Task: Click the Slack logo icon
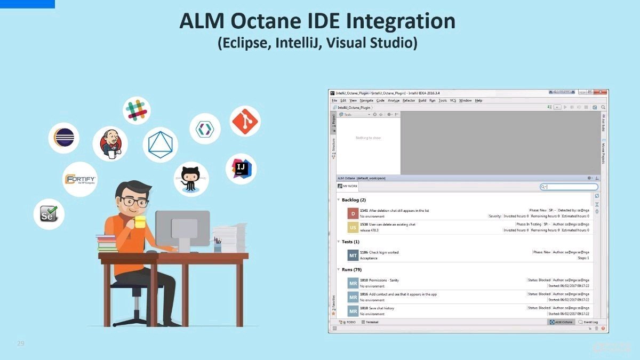click(137, 110)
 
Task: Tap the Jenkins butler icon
click(110, 143)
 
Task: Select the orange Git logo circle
click(245, 121)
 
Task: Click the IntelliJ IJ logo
click(241, 169)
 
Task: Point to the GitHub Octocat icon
click(191, 178)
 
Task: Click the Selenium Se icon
click(49, 214)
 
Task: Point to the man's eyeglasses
click(133, 202)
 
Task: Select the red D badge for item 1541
click(352, 213)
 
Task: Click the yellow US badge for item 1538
click(352, 228)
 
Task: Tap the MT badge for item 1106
click(353, 255)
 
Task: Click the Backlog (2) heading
click(354, 200)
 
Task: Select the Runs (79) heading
click(351, 270)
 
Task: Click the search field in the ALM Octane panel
click(571, 187)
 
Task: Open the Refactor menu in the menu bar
click(409, 100)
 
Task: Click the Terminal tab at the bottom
click(371, 323)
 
